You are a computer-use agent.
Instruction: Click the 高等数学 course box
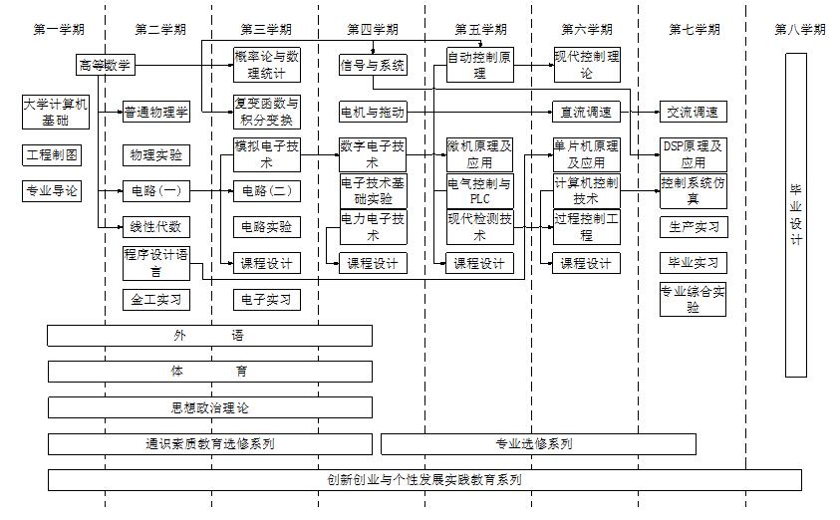pyautogui.click(x=104, y=66)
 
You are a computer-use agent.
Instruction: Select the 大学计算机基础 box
pyautogui.click(x=56, y=112)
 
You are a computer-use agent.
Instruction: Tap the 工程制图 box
pyautogui.click(x=52, y=154)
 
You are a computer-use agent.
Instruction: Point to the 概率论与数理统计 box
pyautogui.click(x=266, y=62)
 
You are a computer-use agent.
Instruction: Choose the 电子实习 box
pyautogui.click(x=266, y=299)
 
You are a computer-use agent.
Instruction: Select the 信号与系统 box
pyautogui.click(x=373, y=66)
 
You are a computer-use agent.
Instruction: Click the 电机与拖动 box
pyautogui.click(x=373, y=112)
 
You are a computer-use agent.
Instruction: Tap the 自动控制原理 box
pyautogui.click(x=480, y=64)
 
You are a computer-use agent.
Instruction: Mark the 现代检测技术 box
pyautogui.click(x=480, y=226)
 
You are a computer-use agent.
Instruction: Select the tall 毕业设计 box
pyautogui.click(x=795, y=215)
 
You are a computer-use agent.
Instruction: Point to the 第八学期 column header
pyautogui.click(x=799, y=30)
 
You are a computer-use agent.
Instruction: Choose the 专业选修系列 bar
pyautogui.click(x=538, y=444)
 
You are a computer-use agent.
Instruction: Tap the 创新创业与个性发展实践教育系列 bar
pyautogui.click(x=424, y=480)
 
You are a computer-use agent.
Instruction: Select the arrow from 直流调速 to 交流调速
pyautogui.click(x=641, y=112)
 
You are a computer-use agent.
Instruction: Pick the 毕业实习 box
pyautogui.click(x=693, y=263)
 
